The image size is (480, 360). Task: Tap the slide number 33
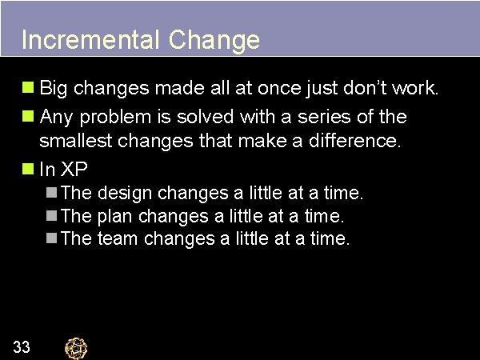pos(22,346)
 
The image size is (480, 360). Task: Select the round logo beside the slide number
pos(76,347)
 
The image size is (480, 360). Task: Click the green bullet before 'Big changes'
pos(28,86)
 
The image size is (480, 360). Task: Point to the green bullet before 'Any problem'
pos(28,116)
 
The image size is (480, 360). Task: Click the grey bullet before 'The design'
pos(51,192)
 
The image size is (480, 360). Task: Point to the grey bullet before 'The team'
pos(51,238)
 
